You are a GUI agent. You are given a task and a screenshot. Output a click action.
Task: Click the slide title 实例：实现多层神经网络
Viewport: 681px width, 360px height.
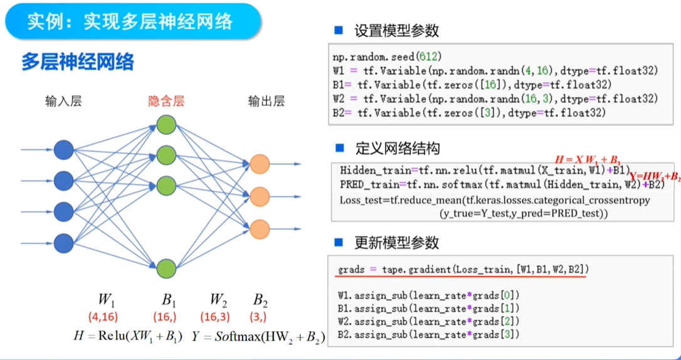click(x=130, y=22)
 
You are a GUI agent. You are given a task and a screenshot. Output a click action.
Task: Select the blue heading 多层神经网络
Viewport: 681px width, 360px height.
click(x=78, y=63)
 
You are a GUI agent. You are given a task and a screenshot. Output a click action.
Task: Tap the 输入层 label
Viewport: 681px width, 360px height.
click(x=63, y=101)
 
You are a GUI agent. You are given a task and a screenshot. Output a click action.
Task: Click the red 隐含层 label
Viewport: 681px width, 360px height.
click(x=166, y=101)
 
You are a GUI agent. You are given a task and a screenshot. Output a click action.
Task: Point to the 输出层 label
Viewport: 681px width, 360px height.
click(x=266, y=101)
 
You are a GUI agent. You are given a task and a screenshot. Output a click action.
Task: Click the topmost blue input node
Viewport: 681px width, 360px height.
click(x=63, y=151)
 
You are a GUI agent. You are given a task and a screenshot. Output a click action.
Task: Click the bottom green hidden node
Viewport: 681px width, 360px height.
click(x=166, y=268)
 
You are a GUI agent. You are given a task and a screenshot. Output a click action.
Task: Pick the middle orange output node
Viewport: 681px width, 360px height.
click(x=260, y=196)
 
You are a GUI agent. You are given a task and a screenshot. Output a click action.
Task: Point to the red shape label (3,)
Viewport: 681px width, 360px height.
click(x=258, y=317)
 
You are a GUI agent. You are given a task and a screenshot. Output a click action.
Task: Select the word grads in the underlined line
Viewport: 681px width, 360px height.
click(x=351, y=270)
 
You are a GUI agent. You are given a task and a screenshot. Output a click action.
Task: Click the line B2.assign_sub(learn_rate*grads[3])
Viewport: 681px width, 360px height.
click(x=428, y=335)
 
